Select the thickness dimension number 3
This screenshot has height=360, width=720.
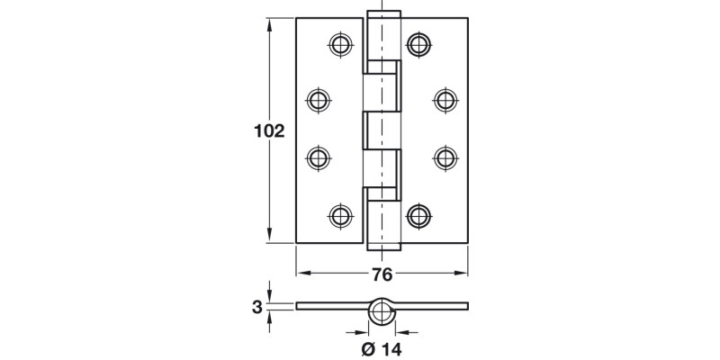pos(256,308)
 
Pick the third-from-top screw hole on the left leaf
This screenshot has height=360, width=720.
pos(319,157)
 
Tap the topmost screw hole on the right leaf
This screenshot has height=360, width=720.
pos(418,43)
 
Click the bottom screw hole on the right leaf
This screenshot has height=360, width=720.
pos(418,215)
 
